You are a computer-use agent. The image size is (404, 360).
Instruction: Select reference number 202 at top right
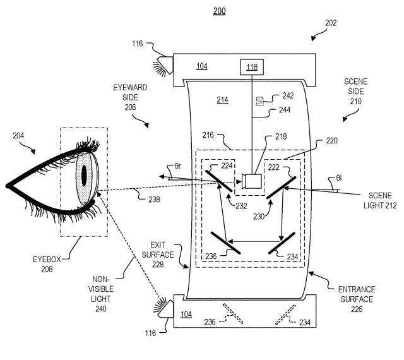coord(331,23)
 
